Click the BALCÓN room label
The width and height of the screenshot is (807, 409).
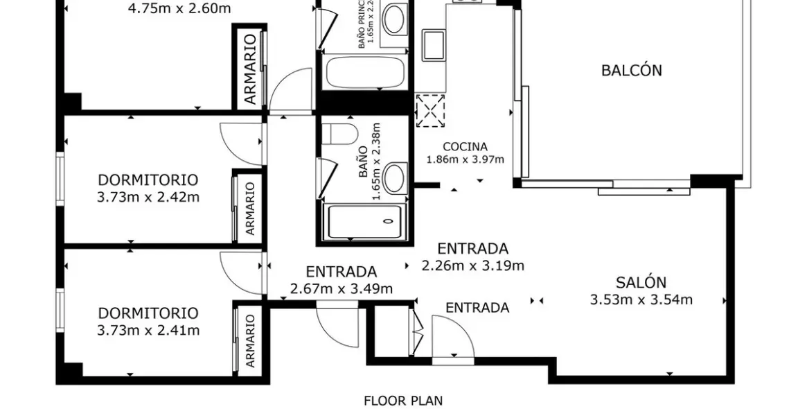tap(631, 70)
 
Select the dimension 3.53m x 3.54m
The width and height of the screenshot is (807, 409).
tap(641, 299)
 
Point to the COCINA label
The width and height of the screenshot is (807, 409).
tap(465, 147)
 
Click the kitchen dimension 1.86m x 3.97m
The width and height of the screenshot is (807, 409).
tap(465, 159)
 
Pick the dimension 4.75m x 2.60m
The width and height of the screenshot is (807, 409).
tap(179, 9)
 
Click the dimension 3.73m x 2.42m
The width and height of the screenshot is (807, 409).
tap(148, 197)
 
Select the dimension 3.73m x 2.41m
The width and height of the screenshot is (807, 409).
tap(148, 330)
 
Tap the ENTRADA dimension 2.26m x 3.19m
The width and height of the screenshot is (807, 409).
tap(473, 265)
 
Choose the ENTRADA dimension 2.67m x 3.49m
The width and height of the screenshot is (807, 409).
tap(341, 288)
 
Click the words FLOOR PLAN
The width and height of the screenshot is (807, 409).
tap(403, 400)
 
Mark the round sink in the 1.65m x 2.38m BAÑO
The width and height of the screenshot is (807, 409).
tap(396, 177)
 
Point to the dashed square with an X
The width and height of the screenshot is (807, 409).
tap(430, 111)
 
